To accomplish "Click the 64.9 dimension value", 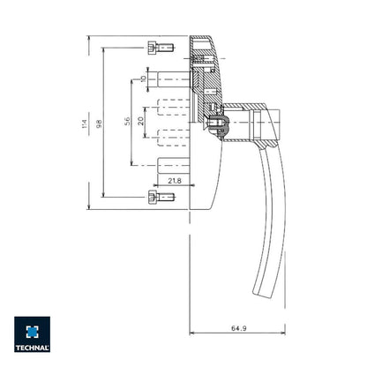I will [237, 327].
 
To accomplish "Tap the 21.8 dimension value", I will [174, 181].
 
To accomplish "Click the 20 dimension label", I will [141, 121].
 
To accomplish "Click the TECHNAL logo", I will [32, 335].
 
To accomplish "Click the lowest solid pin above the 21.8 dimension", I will [172, 165].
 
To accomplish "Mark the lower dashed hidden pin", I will [172, 135].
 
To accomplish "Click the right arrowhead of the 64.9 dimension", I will [283, 334].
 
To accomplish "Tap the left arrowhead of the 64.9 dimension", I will [192, 334].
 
